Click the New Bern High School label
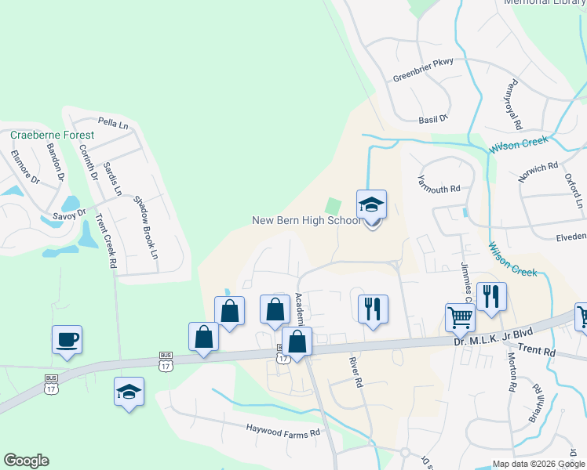[x=306, y=220]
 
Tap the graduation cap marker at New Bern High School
[x=372, y=205]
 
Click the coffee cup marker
[x=67, y=340]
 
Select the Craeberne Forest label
[x=52, y=136]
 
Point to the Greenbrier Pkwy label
[x=423, y=77]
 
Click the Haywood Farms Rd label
[x=283, y=432]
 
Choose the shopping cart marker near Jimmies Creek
[x=460, y=318]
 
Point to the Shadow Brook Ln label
[x=146, y=227]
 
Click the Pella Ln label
[x=113, y=123]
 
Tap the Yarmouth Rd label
[x=439, y=184]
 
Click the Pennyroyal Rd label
[x=513, y=104]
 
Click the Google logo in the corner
[x=26, y=461]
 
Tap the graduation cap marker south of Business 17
[x=129, y=392]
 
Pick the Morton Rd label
[x=512, y=371]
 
